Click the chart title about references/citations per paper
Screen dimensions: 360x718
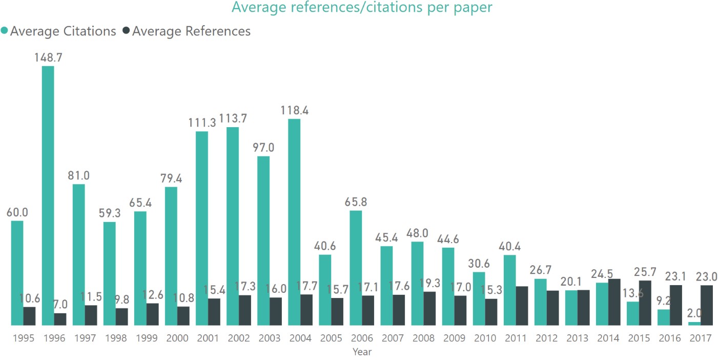click(x=362, y=7)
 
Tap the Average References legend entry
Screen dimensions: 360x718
click(x=191, y=31)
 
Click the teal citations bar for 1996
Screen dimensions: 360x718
click(x=48, y=195)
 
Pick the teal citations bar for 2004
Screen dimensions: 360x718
click(x=294, y=222)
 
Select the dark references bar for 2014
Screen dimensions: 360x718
click(x=614, y=302)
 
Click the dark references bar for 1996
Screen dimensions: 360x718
click(x=60, y=319)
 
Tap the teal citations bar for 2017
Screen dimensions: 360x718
click(x=694, y=324)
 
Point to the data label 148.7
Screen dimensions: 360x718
click(x=48, y=57)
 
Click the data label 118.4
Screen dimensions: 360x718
click(x=294, y=110)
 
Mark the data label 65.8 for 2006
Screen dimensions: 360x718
click(x=356, y=202)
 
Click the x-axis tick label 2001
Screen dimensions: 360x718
click(x=208, y=338)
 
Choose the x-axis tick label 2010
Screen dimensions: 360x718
click(x=485, y=338)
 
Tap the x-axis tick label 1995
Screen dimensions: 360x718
click(x=23, y=338)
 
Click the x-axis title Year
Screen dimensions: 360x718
click(x=362, y=352)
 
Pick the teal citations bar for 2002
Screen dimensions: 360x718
click(x=233, y=226)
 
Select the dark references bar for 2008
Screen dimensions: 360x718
click(x=429, y=308)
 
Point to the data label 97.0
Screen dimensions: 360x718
click(x=263, y=148)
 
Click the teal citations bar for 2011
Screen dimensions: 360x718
click(x=509, y=290)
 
